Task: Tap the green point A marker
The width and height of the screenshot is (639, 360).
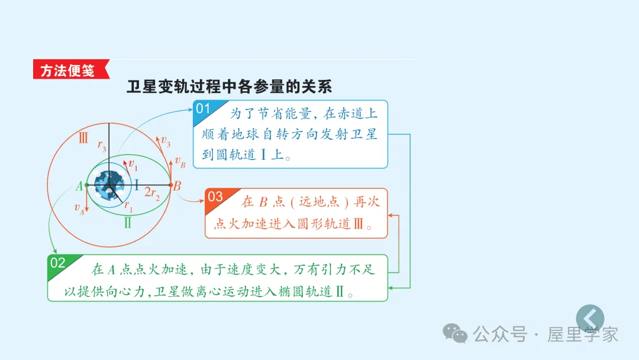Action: click(86, 185)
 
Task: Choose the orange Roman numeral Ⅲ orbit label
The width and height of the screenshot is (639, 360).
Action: click(83, 139)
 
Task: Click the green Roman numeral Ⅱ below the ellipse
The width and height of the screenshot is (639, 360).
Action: click(128, 223)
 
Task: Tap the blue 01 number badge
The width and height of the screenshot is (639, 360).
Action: click(204, 108)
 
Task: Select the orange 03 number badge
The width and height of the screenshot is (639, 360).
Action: click(215, 197)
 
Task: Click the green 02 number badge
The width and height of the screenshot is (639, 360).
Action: click(57, 263)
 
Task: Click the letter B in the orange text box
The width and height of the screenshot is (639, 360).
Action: click(264, 202)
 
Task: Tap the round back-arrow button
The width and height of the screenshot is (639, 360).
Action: click(590, 319)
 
